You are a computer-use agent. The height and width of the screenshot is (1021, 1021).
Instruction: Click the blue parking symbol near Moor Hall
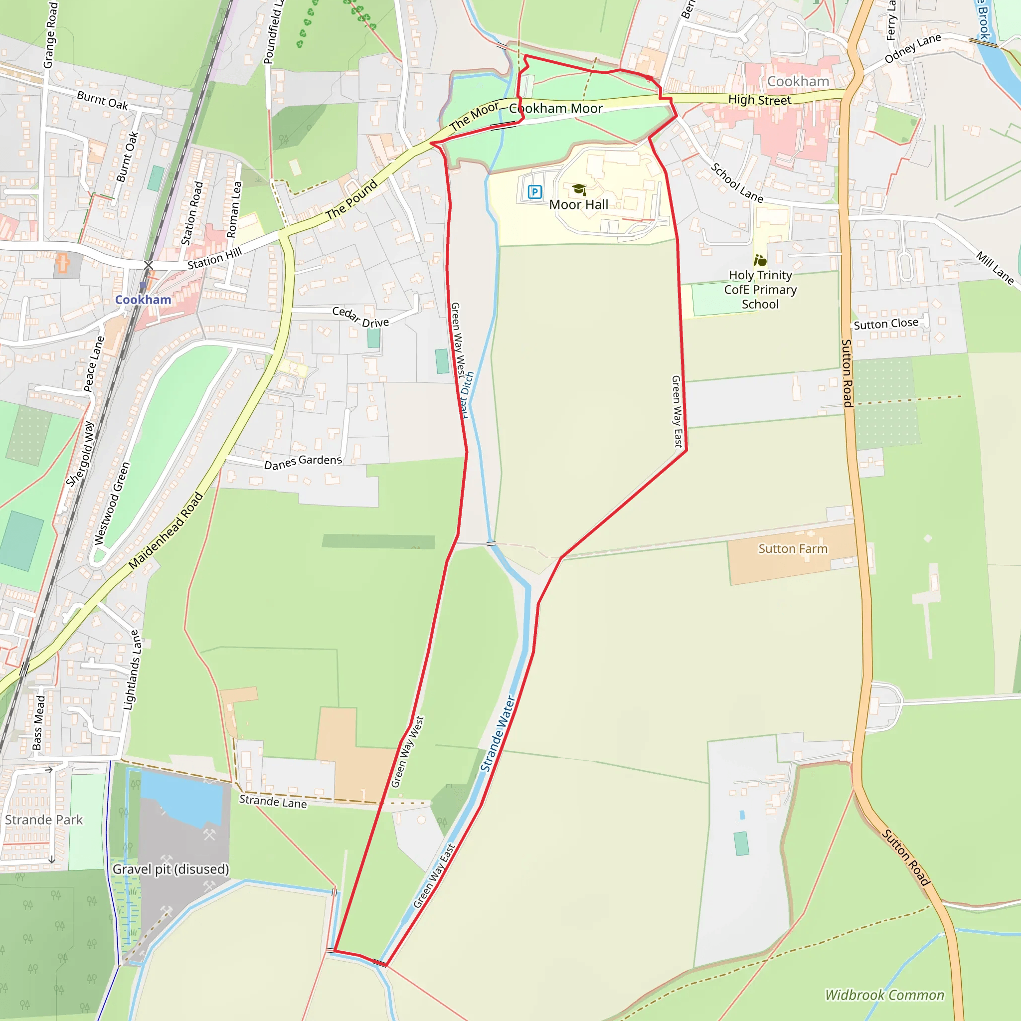point(535,192)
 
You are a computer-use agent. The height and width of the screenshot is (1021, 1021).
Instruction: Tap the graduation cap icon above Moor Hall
point(579,189)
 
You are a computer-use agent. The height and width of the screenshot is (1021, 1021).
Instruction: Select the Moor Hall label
point(579,204)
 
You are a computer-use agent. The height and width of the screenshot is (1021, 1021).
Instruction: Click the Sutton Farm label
point(793,549)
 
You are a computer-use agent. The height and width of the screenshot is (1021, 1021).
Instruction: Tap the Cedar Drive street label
point(360,317)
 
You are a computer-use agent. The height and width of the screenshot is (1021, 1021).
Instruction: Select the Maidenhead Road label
point(166,530)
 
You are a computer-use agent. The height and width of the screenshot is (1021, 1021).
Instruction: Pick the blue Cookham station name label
point(143,300)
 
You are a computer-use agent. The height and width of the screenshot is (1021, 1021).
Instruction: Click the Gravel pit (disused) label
point(170,869)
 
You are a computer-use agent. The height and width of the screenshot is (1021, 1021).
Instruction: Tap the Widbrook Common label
point(884,995)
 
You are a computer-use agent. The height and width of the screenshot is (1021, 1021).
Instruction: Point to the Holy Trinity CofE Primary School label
point(760,290)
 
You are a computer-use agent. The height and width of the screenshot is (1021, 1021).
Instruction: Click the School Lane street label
point(737,183)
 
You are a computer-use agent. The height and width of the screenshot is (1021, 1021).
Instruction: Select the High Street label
point(759,100)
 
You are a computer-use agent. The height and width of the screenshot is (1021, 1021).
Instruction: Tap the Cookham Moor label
point(555,108)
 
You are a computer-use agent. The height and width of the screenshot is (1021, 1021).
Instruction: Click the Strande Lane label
point(273,802)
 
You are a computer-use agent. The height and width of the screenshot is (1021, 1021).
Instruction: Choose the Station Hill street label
point(214,258)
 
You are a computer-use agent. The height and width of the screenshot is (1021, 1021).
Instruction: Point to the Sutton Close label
point(886,324)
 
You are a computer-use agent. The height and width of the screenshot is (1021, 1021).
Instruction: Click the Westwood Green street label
point(112,503)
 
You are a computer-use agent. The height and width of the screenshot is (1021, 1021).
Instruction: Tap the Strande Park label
point(44,820)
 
